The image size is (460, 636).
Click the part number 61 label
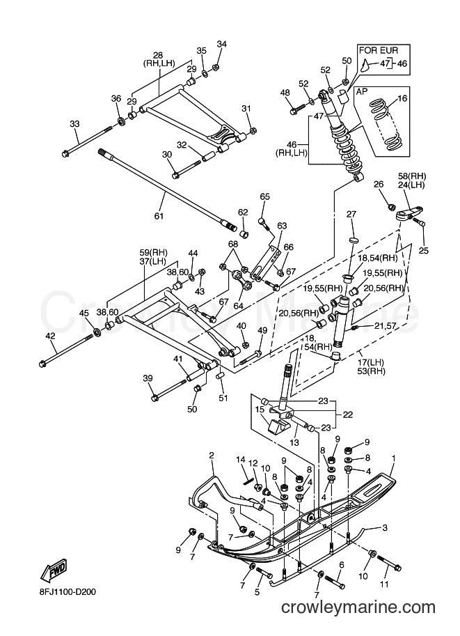159,216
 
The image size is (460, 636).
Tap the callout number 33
75,124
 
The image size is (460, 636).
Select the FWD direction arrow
53,571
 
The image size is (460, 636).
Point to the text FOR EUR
379,51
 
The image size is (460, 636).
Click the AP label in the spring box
362,92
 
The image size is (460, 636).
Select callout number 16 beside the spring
402,98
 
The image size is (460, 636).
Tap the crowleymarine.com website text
358,619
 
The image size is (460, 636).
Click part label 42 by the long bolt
50,336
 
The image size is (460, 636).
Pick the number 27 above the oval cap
351,214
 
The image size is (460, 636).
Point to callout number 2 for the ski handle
211,455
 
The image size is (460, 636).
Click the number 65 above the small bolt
264,196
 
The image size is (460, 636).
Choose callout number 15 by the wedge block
260,410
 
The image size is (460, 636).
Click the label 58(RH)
411,176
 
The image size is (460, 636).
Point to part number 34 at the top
222,44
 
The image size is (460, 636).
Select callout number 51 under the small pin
223,398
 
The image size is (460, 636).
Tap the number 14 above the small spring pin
241,460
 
